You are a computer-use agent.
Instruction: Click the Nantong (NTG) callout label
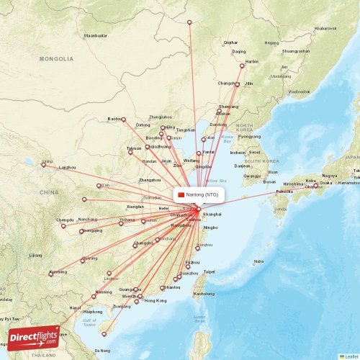199,194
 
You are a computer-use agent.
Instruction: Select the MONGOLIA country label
57,58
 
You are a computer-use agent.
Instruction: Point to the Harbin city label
252,63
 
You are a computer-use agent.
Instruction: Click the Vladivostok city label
299,92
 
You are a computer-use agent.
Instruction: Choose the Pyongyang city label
249,136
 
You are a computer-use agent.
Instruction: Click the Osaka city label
326,183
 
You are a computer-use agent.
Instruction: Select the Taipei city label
210,271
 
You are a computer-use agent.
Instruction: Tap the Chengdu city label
65,220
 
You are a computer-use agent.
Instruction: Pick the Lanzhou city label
68,167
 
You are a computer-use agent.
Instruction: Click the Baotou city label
114,118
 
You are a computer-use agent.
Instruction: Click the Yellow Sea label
212,180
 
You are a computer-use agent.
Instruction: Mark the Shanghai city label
212,215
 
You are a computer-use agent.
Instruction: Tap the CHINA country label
49,193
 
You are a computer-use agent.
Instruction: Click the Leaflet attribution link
349,356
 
